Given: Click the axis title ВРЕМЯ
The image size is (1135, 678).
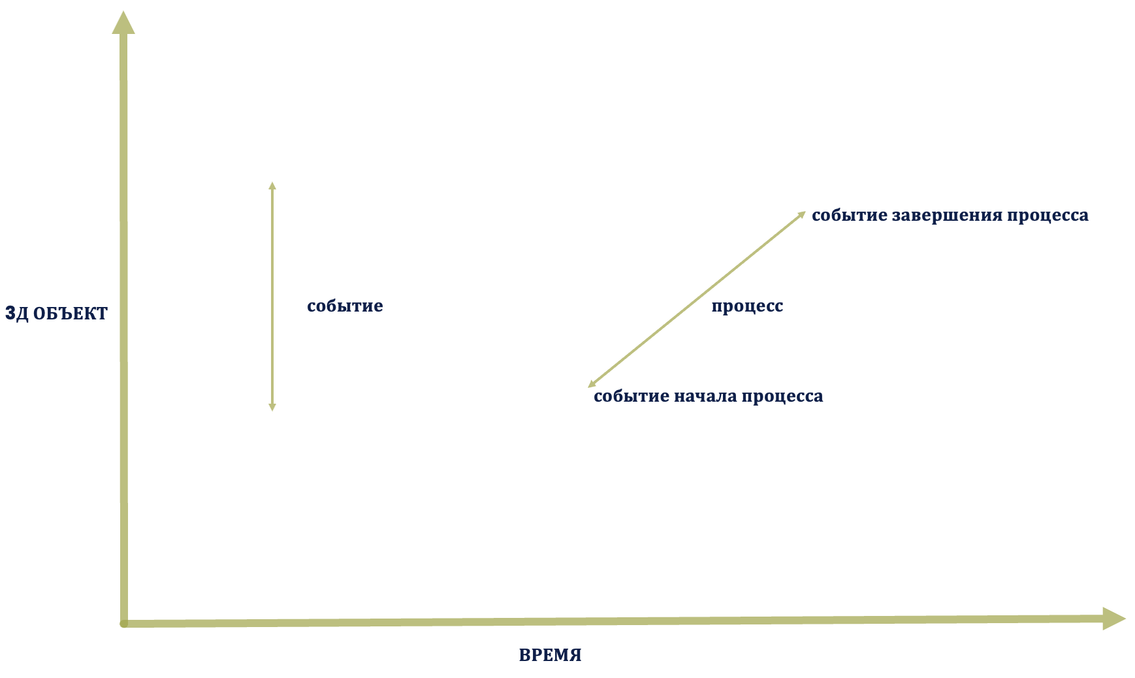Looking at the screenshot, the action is click(x=550, y=655).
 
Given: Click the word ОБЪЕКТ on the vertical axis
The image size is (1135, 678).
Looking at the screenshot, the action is click(x=70, y=314).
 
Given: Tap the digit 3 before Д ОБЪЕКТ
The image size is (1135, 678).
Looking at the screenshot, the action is click(x=10, y=314).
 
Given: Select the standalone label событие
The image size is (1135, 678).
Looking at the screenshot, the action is click(x=345, y=306).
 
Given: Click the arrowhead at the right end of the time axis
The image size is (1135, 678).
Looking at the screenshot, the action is click(x=1114, y=619).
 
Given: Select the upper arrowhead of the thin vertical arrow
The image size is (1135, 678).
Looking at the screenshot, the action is click(x=272, y=186).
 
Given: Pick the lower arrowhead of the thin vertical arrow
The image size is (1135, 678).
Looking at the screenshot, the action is click(x=272, y=408).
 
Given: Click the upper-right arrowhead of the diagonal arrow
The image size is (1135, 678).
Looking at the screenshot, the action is click(x=802, y=214).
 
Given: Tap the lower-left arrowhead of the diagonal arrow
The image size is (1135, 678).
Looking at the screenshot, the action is click(x=592, y=384).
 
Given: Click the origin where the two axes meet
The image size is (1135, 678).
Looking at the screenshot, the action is click(x=124, y=624).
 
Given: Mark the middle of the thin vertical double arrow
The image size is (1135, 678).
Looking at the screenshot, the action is click(x=272, y=297).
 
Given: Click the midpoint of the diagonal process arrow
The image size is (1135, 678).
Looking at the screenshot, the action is click(x=697, y=299).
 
